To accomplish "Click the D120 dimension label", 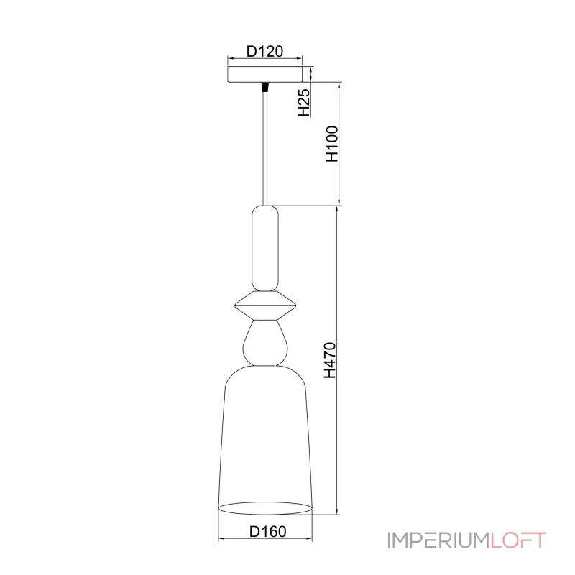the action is [x=264, y=51].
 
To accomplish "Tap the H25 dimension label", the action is [x=304, y=102].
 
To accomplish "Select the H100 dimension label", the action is [x=332, y=144].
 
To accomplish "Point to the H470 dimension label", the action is [x=330, y=360].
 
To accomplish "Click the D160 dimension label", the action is [x=267, y=531].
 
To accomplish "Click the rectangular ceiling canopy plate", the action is [x=264, y=74].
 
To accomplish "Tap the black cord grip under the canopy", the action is [x=264, y=86].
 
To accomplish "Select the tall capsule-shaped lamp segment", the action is [x=264, y=248].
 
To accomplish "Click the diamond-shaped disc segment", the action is [x=264, y=305].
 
